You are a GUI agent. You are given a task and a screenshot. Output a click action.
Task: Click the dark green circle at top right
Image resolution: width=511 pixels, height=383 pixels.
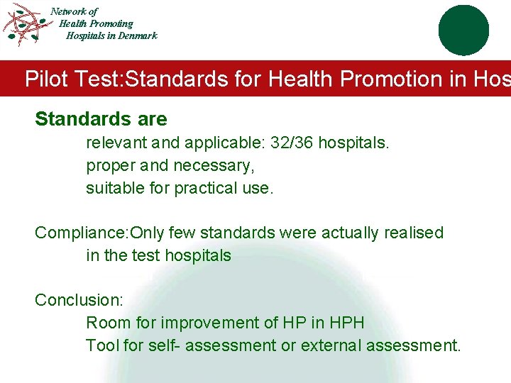463,30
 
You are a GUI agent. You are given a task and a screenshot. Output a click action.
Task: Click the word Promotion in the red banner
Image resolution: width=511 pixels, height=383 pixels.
392,79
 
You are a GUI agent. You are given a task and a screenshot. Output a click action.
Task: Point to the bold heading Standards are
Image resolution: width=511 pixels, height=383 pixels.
101,119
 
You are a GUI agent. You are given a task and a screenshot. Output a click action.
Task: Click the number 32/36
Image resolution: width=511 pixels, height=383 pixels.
292,143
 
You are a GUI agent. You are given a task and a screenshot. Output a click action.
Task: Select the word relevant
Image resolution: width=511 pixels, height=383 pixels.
116,143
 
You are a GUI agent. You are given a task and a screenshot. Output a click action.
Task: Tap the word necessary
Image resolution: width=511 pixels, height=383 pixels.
219,165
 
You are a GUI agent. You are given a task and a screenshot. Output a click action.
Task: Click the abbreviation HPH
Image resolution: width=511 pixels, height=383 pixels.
347,323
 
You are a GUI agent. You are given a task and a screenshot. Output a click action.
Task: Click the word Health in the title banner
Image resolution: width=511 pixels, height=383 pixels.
302,79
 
